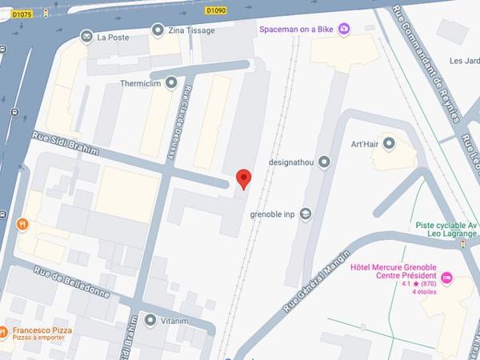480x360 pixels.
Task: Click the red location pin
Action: click(244, 180)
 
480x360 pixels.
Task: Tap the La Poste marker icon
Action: click(86, 35)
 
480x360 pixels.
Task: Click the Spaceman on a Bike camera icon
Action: click(344, 29)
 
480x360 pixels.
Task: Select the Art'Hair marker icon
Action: click(390, 144)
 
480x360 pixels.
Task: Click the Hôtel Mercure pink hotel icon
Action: click(447, 278)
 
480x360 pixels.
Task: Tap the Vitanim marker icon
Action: click(151, 320)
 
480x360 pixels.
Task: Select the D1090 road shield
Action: click(216, 10)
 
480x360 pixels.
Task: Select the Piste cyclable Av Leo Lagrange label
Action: click(446, 231)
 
